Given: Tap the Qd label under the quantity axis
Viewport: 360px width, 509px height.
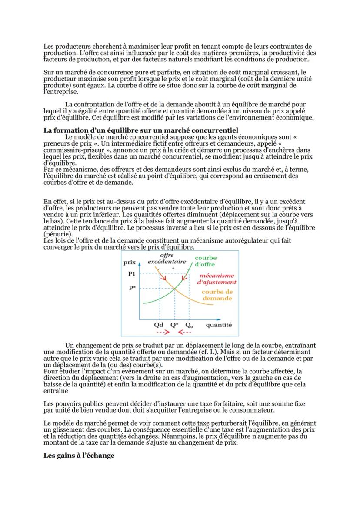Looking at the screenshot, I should [159, 325].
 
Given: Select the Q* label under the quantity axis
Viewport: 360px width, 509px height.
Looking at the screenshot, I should [174, 325].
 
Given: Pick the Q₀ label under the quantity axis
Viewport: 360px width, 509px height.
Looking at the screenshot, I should [189, 325].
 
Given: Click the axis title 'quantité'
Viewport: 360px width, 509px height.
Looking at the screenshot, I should [219, 325].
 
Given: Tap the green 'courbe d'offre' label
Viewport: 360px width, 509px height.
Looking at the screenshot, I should [205, 261].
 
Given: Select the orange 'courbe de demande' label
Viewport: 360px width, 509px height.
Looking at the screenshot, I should [217, 295].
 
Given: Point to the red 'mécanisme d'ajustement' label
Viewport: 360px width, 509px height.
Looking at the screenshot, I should [217, 279].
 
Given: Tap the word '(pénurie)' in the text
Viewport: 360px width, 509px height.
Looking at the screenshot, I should [58, 233].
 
